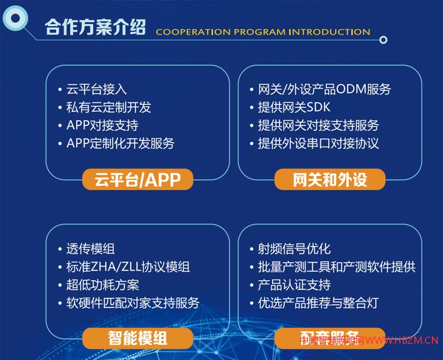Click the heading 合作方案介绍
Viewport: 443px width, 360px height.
click(95, 27)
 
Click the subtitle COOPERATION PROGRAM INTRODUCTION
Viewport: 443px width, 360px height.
click(263, 32)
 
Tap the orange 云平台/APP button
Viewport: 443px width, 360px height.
click(138, 180)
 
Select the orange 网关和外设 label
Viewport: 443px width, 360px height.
click(330, 180)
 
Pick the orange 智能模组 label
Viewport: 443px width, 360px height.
click(138, 338)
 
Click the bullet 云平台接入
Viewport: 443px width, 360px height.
click(96, 89)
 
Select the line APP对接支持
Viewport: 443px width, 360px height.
click(102, 125)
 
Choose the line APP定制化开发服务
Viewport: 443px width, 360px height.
click(120, 143)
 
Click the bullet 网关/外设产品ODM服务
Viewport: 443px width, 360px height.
click(324, 89)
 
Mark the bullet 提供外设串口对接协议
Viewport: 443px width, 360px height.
click(318, 143)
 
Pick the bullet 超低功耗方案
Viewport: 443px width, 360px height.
click(102, 285)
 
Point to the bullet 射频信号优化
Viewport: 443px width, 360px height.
click(294, 249)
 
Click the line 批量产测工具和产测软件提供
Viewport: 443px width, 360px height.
click(336, 267)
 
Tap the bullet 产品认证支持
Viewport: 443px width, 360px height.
click(294, 285)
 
